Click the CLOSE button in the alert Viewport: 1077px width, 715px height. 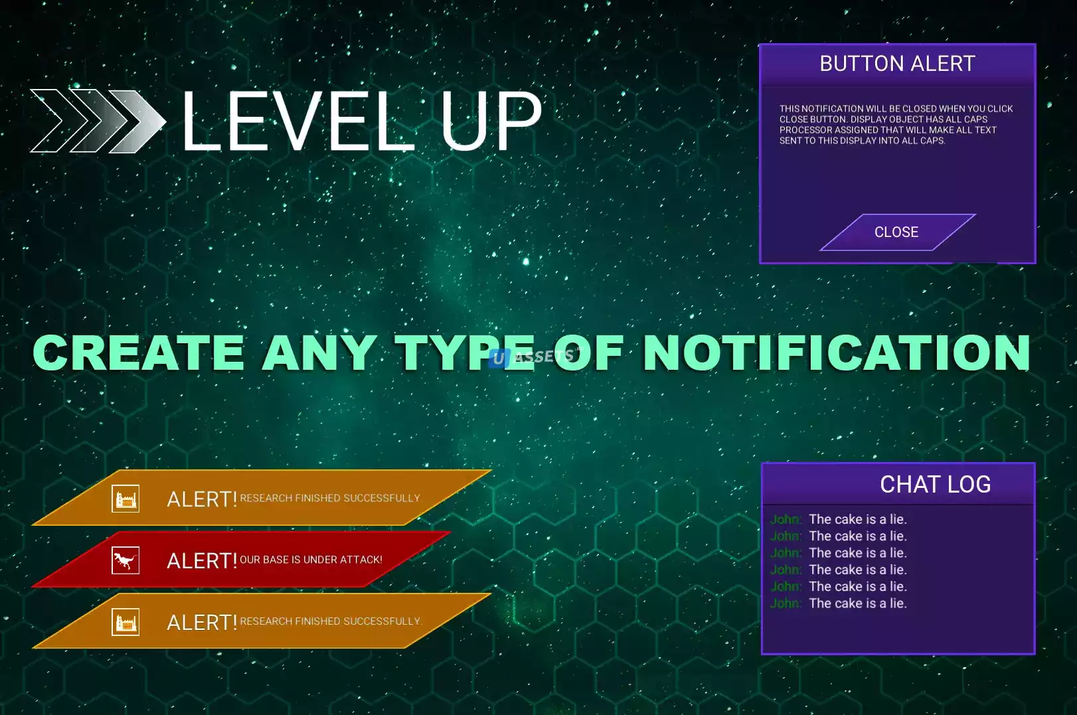[897, 232]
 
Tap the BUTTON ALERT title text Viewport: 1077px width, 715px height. [897, 64]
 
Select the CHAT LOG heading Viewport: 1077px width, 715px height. [935, 484]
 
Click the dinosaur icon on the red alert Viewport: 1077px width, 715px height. [125, 560]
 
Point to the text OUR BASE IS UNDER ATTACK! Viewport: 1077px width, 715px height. [311, 560]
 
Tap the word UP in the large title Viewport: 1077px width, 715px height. [491, 121]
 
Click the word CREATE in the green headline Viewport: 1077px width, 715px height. [139, 353]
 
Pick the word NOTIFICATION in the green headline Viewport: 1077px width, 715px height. [837, 353]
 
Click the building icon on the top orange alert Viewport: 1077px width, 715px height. [125, 499]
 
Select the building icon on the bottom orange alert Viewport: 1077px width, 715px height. [125, 621]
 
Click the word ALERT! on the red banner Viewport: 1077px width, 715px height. [202, 561]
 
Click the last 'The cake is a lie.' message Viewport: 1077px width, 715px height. [858, 603]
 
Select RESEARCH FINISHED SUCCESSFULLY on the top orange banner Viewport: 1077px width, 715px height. [330, 498]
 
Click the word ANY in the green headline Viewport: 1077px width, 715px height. [319, 353]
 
